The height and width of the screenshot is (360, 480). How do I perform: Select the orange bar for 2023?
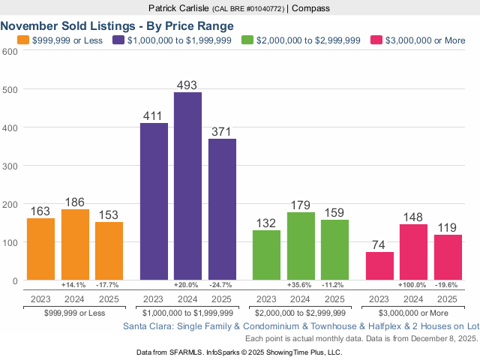(x=40, y=249)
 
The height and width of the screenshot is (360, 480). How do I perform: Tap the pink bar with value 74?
(x=379, y=266)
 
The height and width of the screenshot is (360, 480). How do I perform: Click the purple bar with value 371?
(x=222, y=209)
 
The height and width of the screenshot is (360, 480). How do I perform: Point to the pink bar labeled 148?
(x=413, y=252)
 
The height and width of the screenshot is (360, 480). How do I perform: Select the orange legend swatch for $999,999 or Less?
(x=22, y=39)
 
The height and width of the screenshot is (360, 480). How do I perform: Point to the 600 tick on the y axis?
(x=10, y=51)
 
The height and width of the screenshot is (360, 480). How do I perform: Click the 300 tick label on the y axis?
(x=10, y=166)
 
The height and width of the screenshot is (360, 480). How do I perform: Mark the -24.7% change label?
(x=222, y=286)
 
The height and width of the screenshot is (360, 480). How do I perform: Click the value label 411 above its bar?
(x=154, y=116)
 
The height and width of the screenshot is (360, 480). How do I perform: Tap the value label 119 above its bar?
(x=448, y=228)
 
